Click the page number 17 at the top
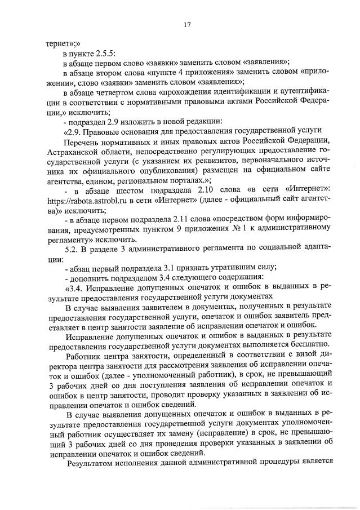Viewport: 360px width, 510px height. tap(188, 24)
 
